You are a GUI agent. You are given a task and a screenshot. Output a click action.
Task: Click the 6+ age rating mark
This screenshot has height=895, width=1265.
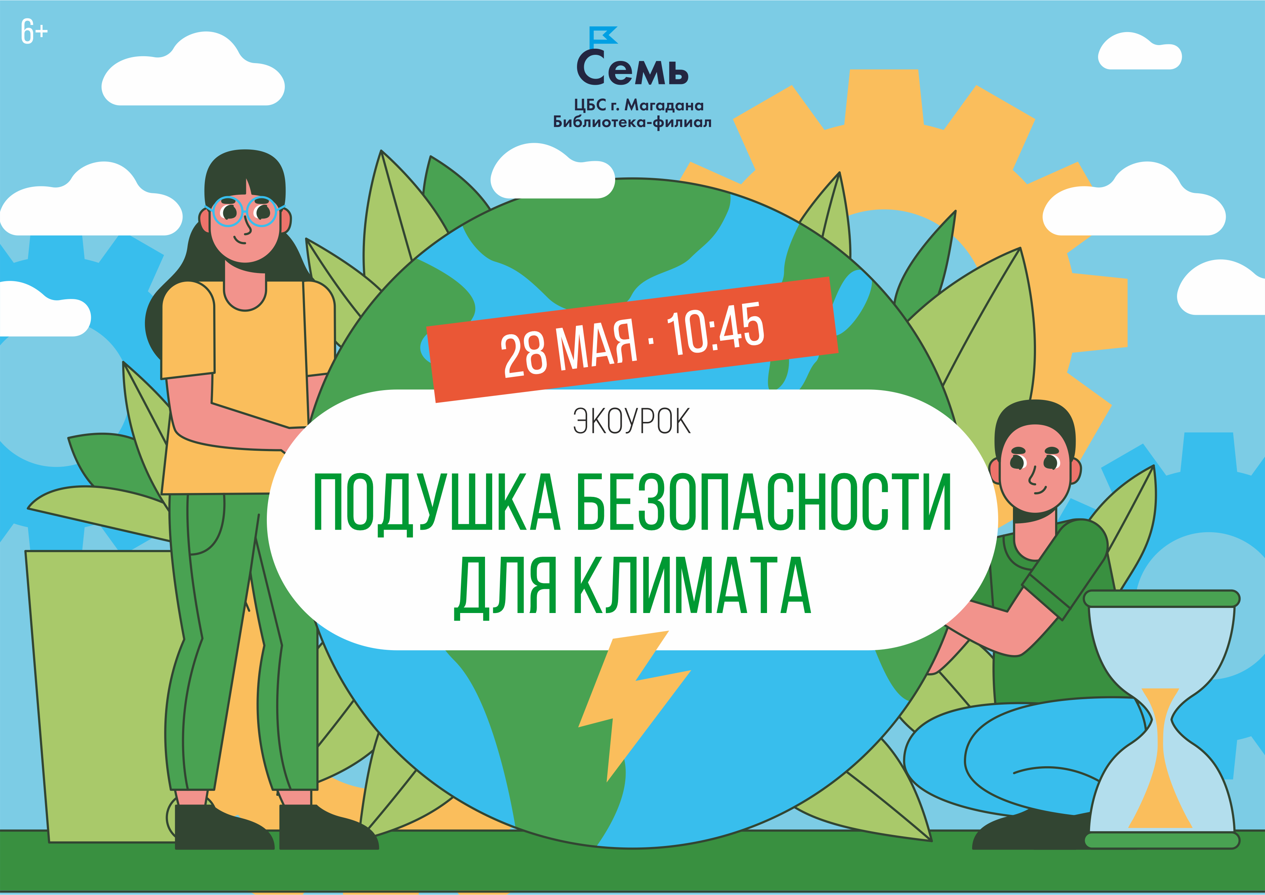34,31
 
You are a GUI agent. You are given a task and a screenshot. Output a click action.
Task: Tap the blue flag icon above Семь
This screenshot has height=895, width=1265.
603,36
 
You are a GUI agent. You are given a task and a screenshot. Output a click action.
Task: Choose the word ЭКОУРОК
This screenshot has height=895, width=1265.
631,422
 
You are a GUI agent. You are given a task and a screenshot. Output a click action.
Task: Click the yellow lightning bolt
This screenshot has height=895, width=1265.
634,705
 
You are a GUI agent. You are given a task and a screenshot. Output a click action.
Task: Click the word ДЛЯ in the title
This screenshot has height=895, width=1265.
505,588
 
